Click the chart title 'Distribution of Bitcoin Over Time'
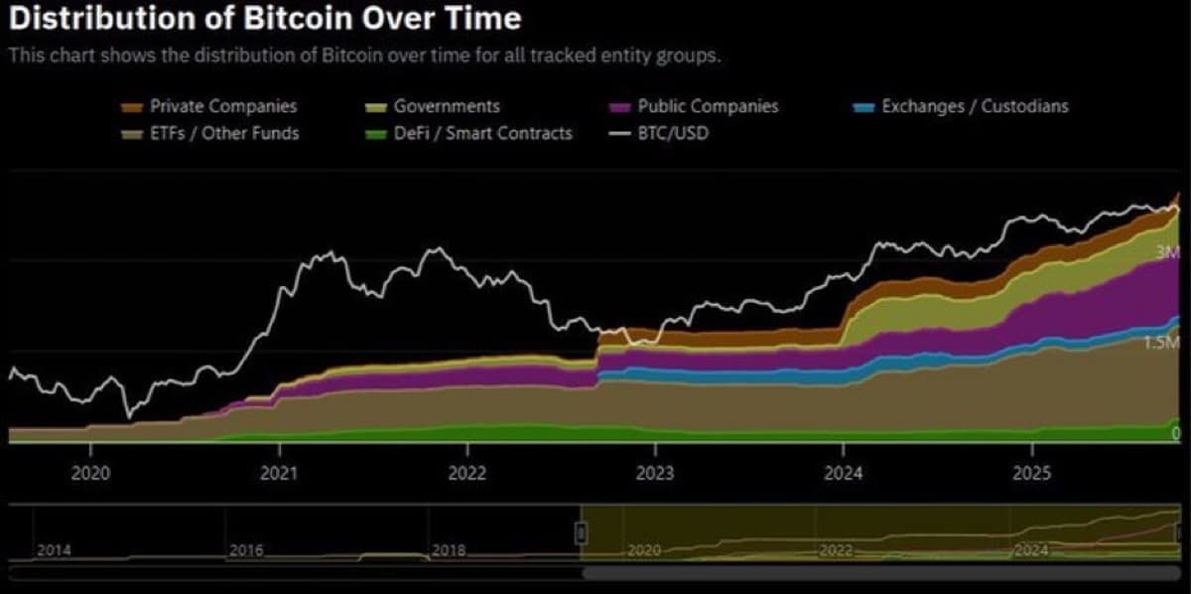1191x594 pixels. pos(264,19)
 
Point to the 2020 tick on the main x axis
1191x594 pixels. pos(90,473)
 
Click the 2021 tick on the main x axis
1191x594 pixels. pos(279,473)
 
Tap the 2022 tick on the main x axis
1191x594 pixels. pos(467,473)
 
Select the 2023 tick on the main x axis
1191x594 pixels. pos(655,473)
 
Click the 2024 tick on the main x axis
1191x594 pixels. pos(844,473)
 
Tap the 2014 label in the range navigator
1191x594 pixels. pos(54,549)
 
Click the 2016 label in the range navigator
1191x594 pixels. pos(246,549)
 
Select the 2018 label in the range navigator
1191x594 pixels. pos(449,549)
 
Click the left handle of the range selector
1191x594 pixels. pos(582,533)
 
